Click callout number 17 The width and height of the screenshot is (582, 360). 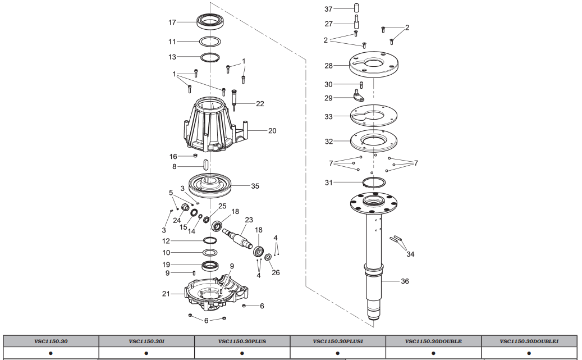[172, 22]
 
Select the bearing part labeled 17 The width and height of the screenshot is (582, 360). [211, 23]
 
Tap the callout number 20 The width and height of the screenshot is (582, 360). [272, 131]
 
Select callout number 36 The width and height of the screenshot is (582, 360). [405, 281]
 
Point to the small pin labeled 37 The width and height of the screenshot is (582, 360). [356, 8]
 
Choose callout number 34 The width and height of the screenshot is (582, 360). [410, 254]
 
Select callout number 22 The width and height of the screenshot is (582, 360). [260, 104]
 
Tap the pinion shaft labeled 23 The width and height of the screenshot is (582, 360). [239, 235]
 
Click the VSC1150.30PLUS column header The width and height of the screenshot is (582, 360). [242, 341]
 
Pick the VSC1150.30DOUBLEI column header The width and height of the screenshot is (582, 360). [529, 341]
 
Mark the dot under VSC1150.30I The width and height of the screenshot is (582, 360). [146, 354]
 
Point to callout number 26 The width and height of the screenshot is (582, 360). [275, 272]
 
